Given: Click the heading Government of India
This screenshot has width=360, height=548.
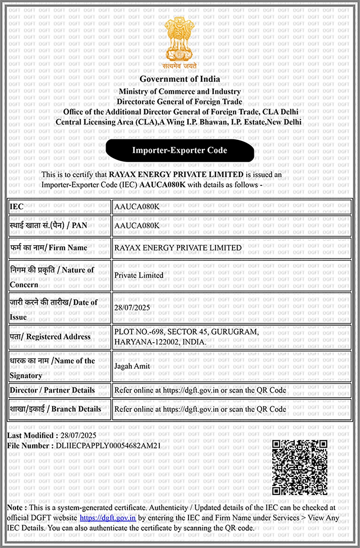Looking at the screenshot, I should click(x=180, y=79).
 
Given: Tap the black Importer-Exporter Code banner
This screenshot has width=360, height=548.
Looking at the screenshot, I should click(x=180, y=150).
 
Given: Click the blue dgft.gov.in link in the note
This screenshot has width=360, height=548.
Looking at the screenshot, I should click(x=108, y=518).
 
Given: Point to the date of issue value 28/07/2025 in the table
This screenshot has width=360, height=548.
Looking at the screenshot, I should click(x=132, y=308).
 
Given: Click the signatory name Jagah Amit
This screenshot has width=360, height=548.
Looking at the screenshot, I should click(x=132, y=366).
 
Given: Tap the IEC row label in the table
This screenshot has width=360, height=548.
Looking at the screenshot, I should click(x=16, y=207).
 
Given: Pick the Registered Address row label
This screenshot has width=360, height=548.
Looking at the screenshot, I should click(x=50, y=337).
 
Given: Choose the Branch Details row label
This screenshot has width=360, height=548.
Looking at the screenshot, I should click(x=56, y=409).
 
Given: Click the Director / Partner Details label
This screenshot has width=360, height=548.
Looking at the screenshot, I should click(x=52, y=390).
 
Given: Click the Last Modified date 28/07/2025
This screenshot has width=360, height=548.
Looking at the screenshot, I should click(x=78, y=435).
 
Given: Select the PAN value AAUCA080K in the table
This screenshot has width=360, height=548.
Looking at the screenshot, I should click(x=137, y=226).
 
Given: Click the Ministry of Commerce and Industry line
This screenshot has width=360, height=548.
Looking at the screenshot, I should click(x=180, y=92).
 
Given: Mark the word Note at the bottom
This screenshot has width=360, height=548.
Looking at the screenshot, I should click(x=15, y=508).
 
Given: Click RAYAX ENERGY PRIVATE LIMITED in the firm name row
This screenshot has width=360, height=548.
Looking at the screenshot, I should click(x=178, y=248).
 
